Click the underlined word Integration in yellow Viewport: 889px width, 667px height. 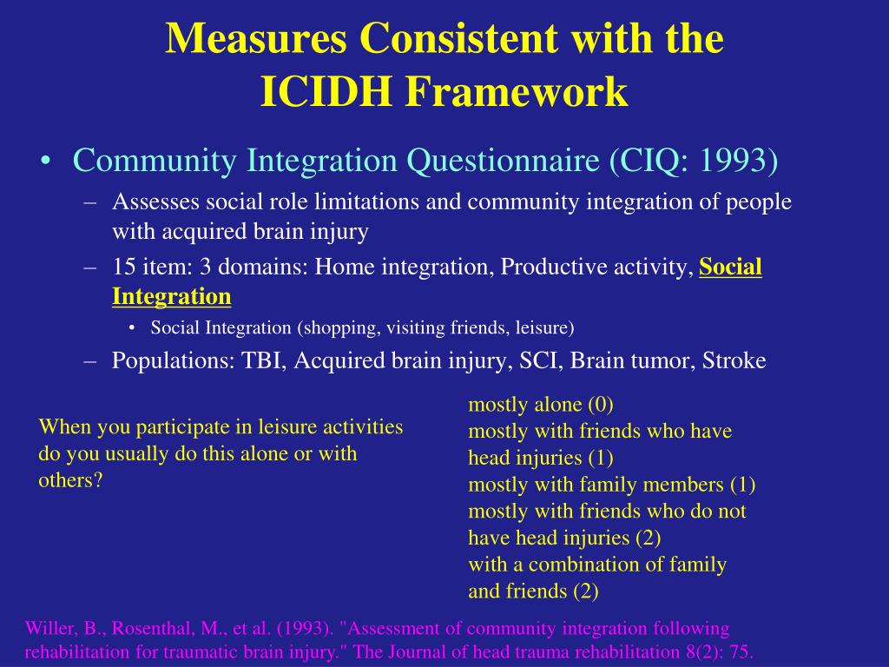click(x=171, y=296)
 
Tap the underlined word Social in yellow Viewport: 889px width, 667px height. click(x=730, y=267)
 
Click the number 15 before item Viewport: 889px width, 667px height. click(x=122, y=267)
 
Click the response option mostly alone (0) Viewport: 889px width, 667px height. click(x=541, y=404)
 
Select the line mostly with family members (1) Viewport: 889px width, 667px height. click(x=611, y=484)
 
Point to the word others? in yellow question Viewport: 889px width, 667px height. click(x=70, y=480)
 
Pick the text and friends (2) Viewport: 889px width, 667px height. click(x=533, y=591)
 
